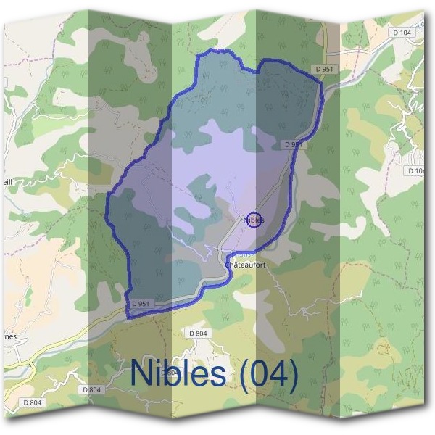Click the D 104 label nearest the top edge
(x=401, y=33)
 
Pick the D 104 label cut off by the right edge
(x=416, y=170)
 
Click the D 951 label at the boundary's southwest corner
(x=141, y=303)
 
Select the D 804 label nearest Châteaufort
(x=198, y=333)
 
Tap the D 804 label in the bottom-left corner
(x=32, y=402)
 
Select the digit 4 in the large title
(x=281, y=374)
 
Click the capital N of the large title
(x=142, y=373)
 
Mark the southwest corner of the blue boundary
(x=128, y=317)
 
